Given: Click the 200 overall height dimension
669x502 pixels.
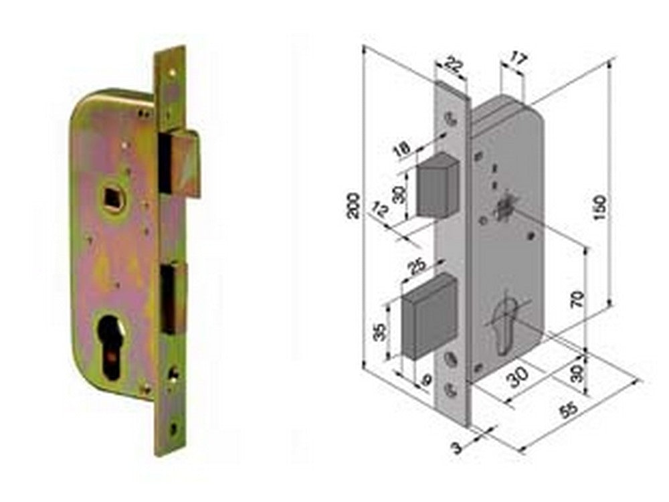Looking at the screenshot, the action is click(x=354, y=206).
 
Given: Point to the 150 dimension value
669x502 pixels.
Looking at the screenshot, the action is click(x=599, y=207).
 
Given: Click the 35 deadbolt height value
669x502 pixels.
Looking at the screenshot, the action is click(x=379, y=332).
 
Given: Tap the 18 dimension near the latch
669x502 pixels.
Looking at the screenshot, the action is click(x=402, y=149).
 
